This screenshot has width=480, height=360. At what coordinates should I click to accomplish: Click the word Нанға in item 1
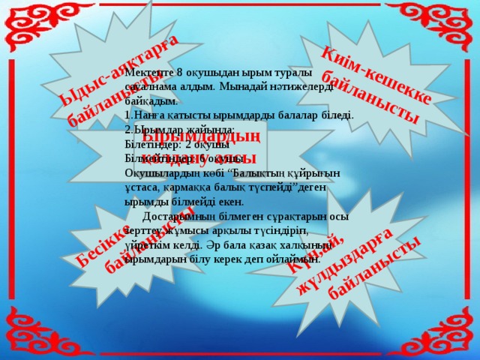(145, 115)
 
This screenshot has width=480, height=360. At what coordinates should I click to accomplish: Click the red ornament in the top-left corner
(30, 30)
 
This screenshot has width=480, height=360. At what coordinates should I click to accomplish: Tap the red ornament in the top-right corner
(450, 30)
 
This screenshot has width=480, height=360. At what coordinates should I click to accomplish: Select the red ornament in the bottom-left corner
(30, 330)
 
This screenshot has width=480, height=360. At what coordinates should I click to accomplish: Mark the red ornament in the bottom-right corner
(450, 330)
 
